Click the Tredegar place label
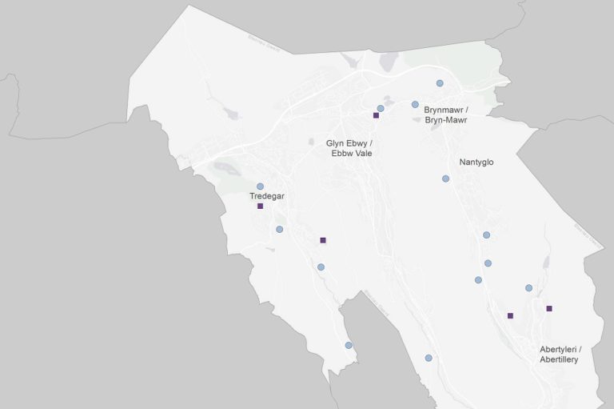267,196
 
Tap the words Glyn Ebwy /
349,143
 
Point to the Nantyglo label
476,162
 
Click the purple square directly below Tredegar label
260,206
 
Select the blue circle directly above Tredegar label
260,186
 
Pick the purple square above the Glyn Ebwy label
375,116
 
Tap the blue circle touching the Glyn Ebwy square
381,108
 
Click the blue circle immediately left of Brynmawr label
415,104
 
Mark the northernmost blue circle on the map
440,83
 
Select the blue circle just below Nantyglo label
445,178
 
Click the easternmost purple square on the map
549,308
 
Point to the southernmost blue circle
429,358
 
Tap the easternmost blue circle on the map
528,288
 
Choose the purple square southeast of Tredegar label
323,240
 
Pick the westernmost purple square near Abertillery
510,315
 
